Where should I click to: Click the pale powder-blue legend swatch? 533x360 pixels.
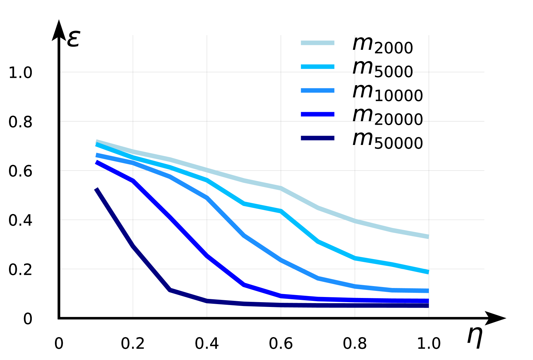point(317,43)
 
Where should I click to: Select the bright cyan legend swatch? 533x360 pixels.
point(317,67)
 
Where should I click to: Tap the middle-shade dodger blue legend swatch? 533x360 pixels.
point(317,91)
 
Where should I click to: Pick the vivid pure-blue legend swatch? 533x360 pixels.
point(317,114)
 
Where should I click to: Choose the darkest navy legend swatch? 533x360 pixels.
point(317,138)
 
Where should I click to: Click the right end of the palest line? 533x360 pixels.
point(428,237)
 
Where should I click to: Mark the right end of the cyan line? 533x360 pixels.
point(428,272)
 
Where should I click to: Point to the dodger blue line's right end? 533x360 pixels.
point(428,291)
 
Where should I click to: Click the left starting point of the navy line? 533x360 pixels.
point(96,189)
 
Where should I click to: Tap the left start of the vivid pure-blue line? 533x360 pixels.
point(96,162)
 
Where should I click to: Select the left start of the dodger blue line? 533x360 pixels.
point(96,155)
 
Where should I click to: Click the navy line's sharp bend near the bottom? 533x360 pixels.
point(170,290)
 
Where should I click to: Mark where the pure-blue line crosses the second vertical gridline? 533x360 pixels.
point(207,256)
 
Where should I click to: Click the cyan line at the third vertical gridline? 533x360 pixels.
point(281,211)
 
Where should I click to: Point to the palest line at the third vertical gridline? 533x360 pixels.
point(281,188)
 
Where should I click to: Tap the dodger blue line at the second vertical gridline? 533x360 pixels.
point(207,198)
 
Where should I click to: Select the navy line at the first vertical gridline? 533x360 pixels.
point(133,246)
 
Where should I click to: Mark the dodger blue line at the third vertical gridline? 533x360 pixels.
point(281,260)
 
